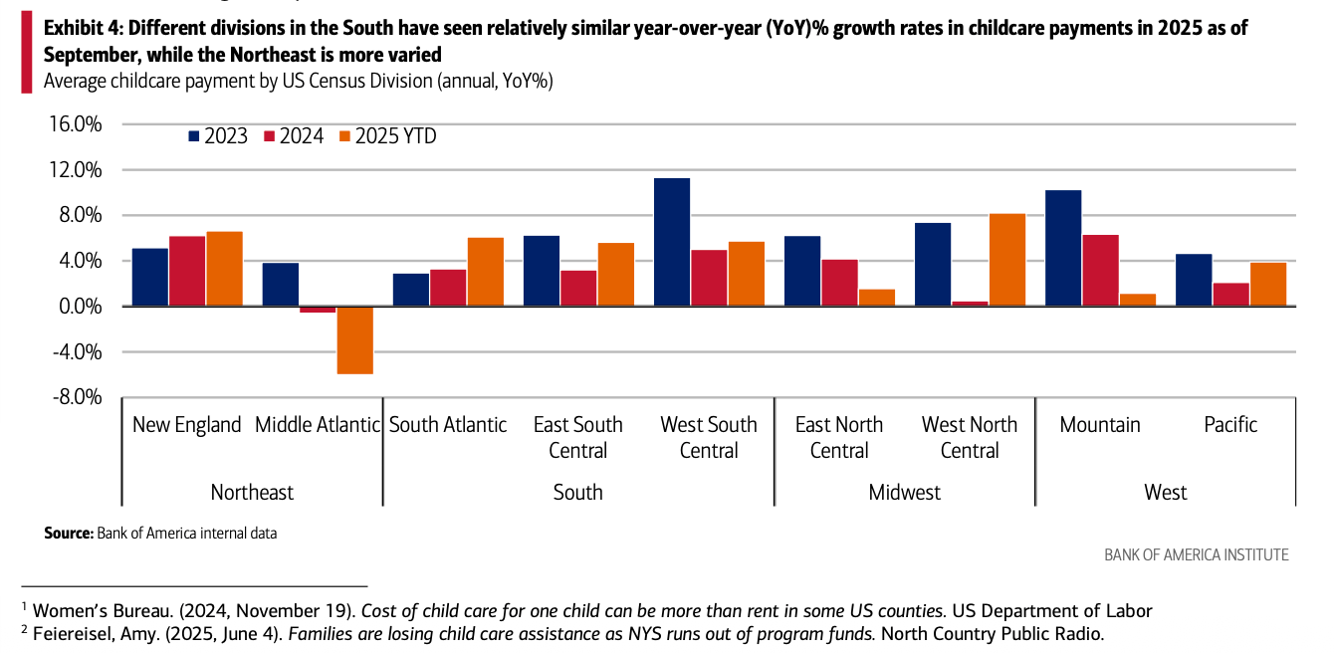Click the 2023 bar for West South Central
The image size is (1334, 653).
[x=672, y=242]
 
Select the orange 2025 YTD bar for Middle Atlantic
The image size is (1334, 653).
[x=354, y=339]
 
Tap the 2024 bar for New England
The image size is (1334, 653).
[x=187, y=271]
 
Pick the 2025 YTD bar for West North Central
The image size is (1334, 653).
[x=1006, y=260]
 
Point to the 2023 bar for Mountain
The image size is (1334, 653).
[x=1063, y=248]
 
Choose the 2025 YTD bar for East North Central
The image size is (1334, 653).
[x=876, y=298]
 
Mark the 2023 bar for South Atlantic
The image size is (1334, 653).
[x=411, y=290]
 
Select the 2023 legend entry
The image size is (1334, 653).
[x=218, y=136]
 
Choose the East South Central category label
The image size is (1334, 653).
[x=577, y=437]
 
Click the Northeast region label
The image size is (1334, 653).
[x=252, y=492]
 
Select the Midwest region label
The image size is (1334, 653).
[x=904, y=492]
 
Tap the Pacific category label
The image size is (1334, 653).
[x=1230, y=425]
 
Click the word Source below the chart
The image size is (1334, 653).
[x=68, y=534]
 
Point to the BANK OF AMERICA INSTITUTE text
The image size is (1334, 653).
[x=1196, y=554]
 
